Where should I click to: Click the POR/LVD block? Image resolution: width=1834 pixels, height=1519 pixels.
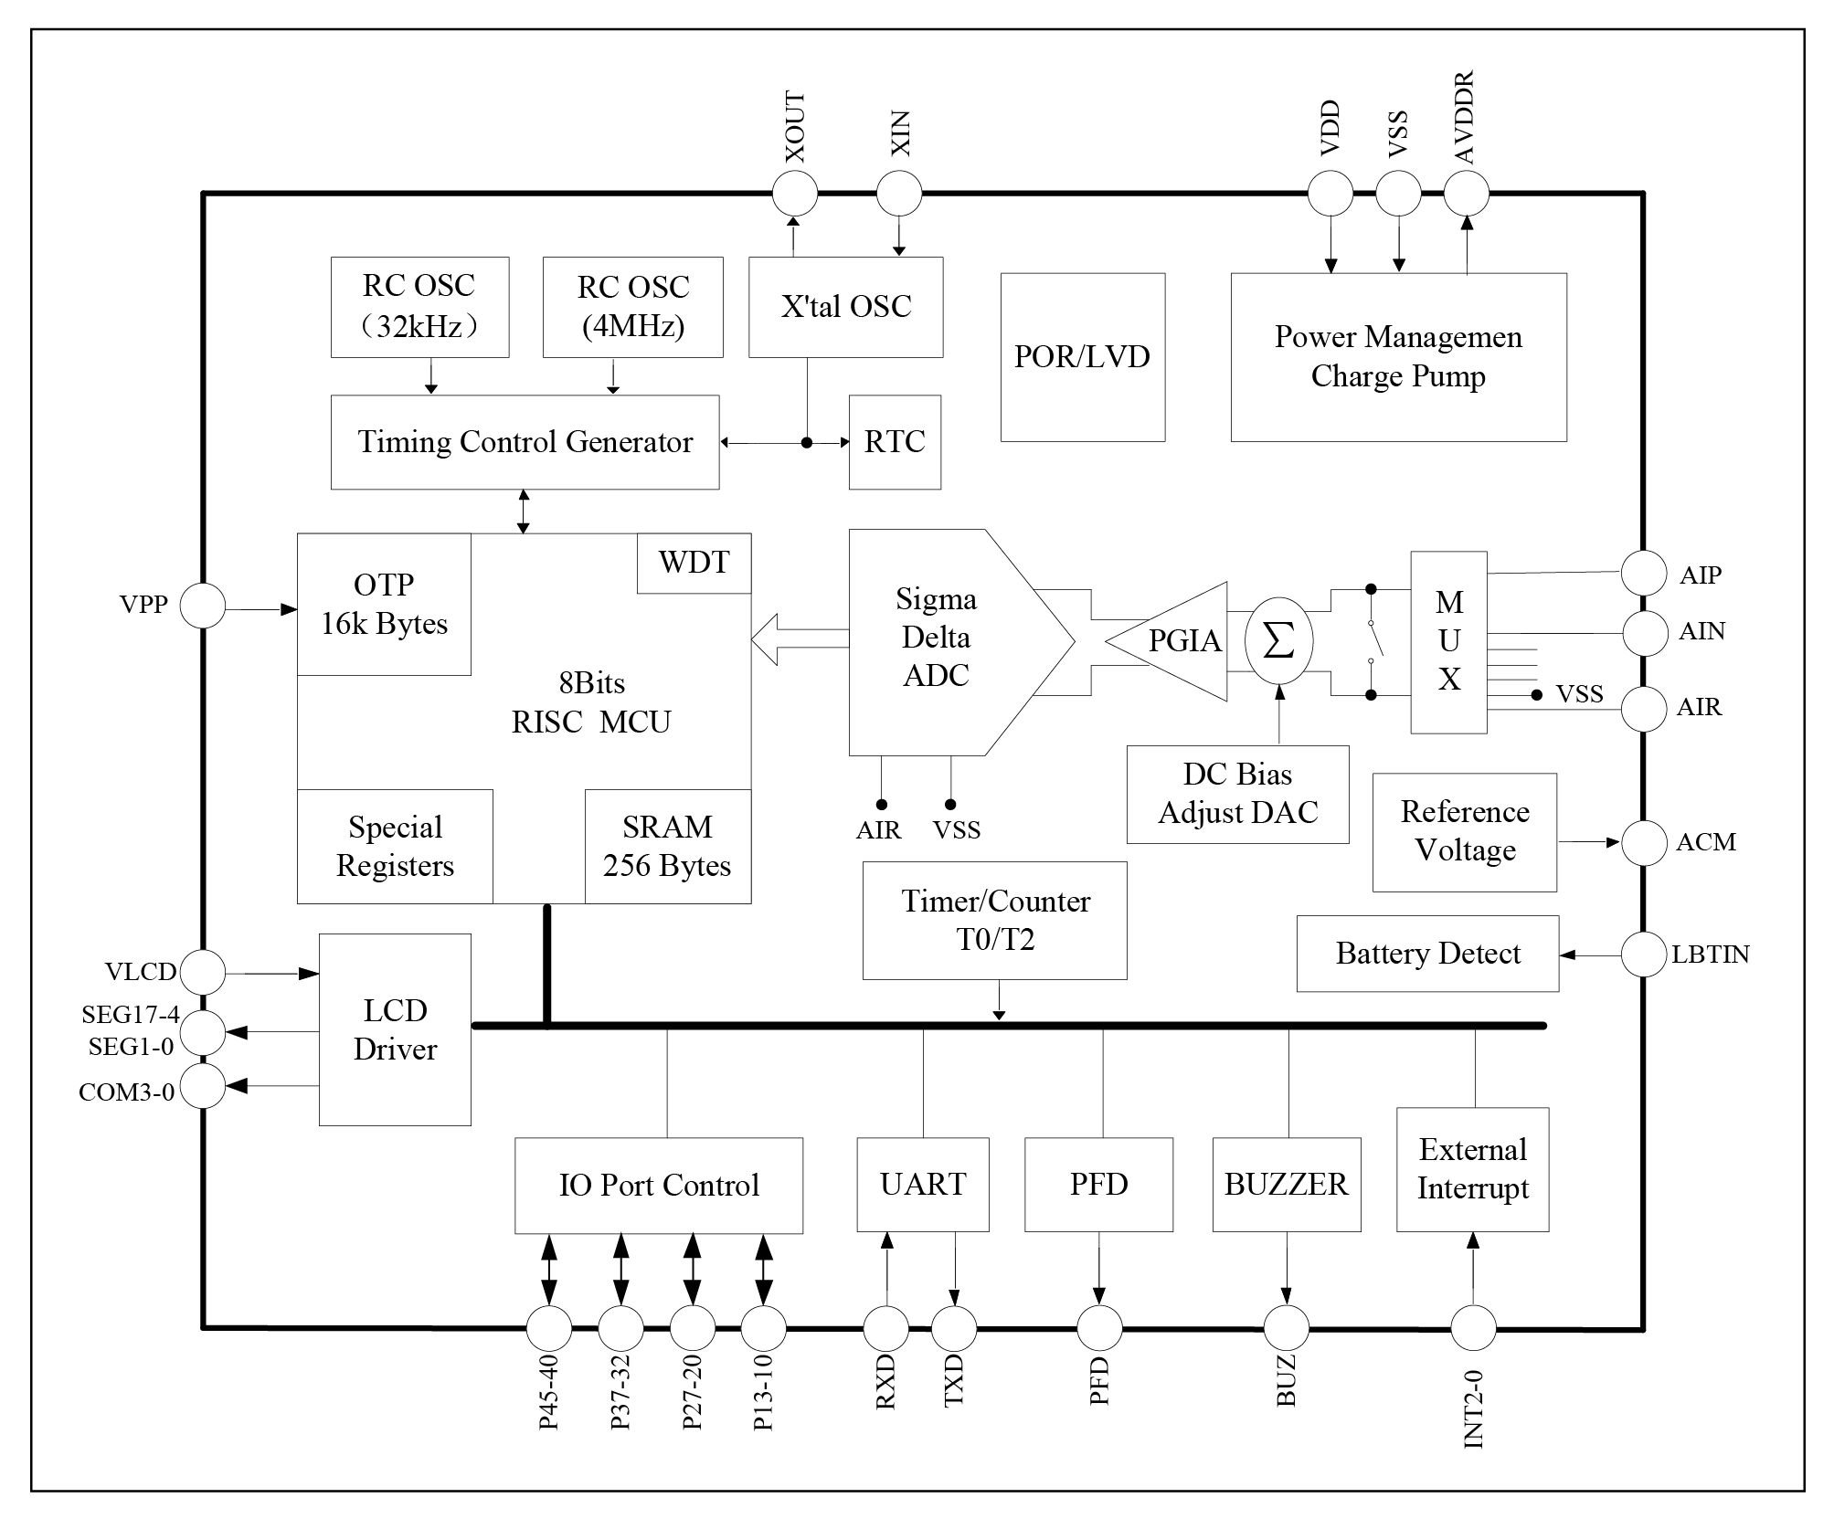[x=1082, y=357]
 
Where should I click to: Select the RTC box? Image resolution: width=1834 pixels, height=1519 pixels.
[x=895, y=442]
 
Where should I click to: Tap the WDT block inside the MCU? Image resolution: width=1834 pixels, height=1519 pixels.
[x=694, y=563]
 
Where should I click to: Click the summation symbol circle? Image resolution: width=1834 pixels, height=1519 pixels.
[x=1278, y=641]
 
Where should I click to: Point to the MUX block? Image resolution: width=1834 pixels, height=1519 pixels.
[x=1448, y=641]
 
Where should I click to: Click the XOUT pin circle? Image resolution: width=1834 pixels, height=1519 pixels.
[x=794, y=194]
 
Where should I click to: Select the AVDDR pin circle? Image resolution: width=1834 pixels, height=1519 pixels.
[x=1466, y=194]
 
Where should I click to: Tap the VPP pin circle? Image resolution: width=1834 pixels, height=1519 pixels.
[x=202, y=606]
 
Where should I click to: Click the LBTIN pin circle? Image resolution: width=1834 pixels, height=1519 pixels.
[x=1643, y=955]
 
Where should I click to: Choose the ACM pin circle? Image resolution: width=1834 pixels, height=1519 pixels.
[x=1643, y=842]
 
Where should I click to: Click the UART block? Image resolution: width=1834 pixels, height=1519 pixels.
[x=923, y=1184]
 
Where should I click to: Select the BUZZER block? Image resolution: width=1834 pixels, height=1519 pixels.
[x=1286, y=1184]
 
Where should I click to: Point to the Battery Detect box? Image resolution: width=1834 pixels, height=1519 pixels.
[x=1427, y=954]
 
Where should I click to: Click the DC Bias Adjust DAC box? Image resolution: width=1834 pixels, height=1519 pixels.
[x=1237, y=794]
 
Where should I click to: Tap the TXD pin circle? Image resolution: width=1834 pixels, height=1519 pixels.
[x=954, y=1328]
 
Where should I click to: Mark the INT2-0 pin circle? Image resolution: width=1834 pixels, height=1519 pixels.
[x=1473, y=1328]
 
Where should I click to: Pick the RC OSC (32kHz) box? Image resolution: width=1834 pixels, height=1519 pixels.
[x=419, y=307]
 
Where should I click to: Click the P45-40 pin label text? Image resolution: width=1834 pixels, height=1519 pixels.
[x=548, y=1391]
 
